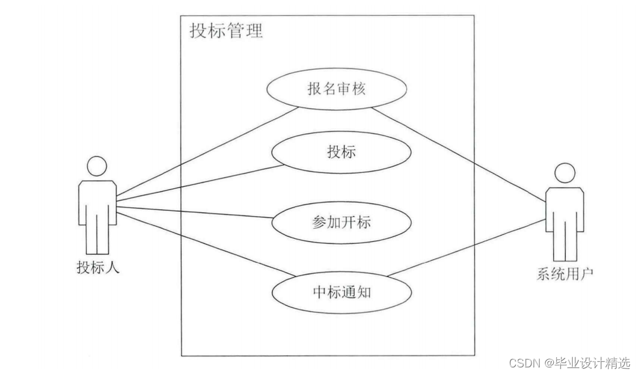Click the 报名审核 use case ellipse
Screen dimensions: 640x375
(x=336, y=89)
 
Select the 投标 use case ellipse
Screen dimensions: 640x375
(x=341, y=152)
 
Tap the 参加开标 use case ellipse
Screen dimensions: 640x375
(x=341, y=222)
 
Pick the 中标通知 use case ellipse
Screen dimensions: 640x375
(x=341, y=292)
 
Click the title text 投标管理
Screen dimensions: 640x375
(x=226, y=30)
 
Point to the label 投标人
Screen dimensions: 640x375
(x=98, y=268)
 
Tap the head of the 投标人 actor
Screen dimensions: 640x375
(x=97, y=166)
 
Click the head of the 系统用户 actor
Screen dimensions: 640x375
(x=565, y=173)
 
